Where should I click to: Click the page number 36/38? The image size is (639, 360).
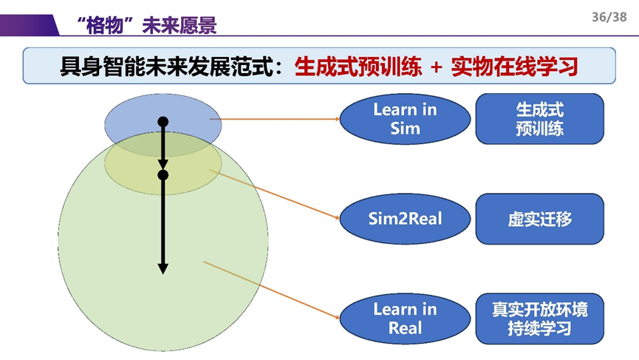609,16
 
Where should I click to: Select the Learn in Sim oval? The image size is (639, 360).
405,119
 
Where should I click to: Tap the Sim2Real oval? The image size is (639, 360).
405,219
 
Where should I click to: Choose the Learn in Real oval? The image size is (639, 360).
405,319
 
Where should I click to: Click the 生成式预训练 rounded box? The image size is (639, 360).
539,119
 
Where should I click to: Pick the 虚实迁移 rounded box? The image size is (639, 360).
539,219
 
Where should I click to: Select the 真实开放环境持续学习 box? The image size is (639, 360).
539,319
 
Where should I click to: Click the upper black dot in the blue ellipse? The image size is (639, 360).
163,121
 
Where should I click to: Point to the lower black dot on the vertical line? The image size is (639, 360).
163,175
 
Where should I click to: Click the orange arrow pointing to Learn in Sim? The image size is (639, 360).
273,118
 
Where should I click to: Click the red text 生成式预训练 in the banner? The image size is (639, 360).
358,67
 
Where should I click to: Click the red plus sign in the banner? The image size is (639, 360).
436,67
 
